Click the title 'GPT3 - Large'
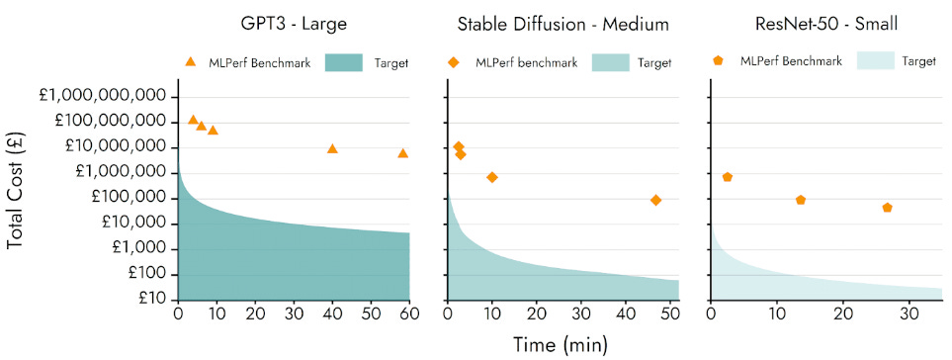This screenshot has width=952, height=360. pos(294,24)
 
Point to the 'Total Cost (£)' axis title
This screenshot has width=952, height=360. pos(17,197)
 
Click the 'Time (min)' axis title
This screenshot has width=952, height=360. pos(561,344)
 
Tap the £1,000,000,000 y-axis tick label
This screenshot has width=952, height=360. pos(101,96)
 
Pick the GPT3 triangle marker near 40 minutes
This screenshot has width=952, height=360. pos(332,148)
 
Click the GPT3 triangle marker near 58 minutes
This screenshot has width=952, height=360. pos(402,152)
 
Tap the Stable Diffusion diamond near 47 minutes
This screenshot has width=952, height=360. pos(655,200)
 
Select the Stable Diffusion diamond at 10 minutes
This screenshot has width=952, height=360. pos(492,177)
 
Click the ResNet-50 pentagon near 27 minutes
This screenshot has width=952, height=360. pos(888,208)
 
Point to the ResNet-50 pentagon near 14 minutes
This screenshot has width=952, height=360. pos(801,200)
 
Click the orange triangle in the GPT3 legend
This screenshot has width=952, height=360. pos(191,62)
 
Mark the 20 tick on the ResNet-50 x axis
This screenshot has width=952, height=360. pos(842,315)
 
